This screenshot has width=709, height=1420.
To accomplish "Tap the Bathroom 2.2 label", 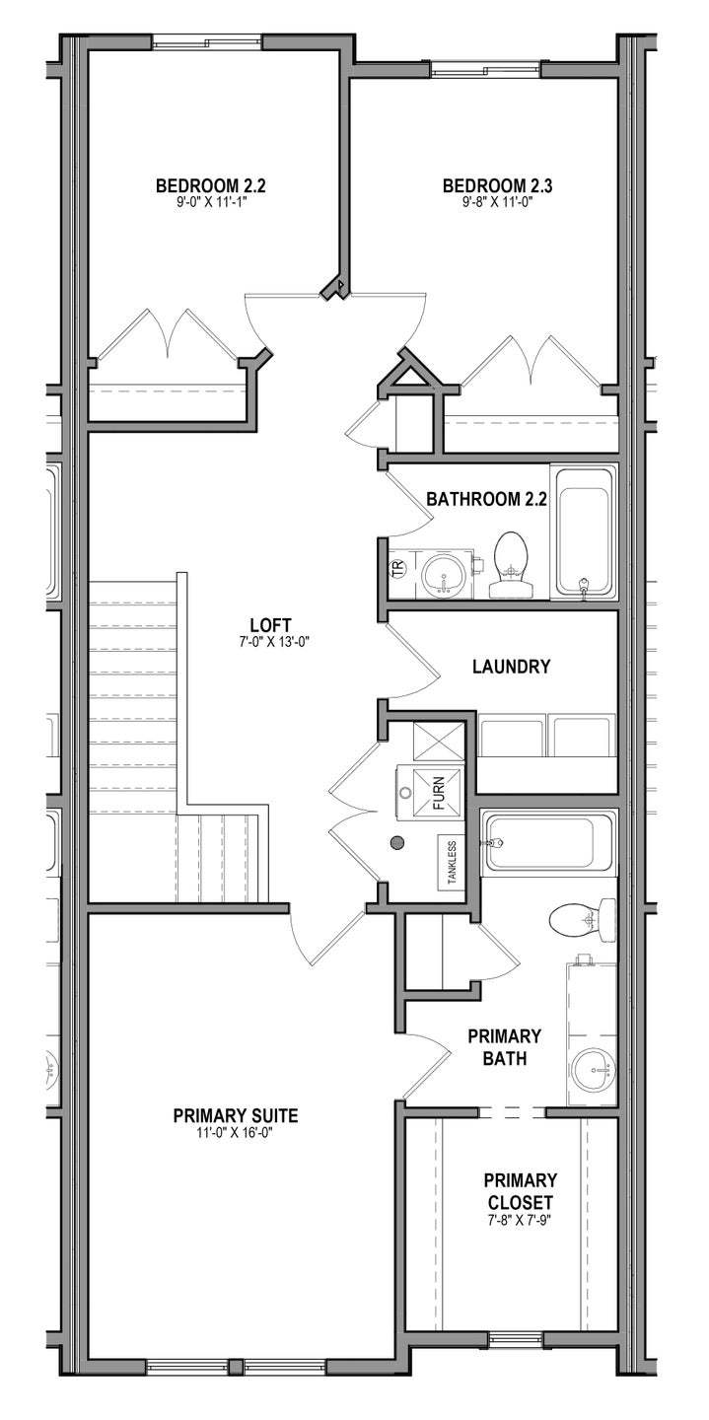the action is (x=486, y=499).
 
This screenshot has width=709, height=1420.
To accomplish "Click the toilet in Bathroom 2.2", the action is (x=510, y=564).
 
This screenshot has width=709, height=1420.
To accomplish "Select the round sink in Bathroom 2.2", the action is (x=443, y=573).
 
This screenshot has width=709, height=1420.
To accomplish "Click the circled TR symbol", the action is (x=398, y=570).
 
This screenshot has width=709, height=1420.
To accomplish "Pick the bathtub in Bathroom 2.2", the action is (x=584, y=532).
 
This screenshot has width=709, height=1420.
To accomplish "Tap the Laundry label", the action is (x=511, y=667).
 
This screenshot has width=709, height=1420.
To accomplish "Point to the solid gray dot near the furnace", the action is (x=397, y=843).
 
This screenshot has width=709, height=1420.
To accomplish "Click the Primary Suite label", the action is (x=236, y=1115).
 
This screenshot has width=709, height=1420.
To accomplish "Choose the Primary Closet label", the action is (x=520, y=1191).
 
